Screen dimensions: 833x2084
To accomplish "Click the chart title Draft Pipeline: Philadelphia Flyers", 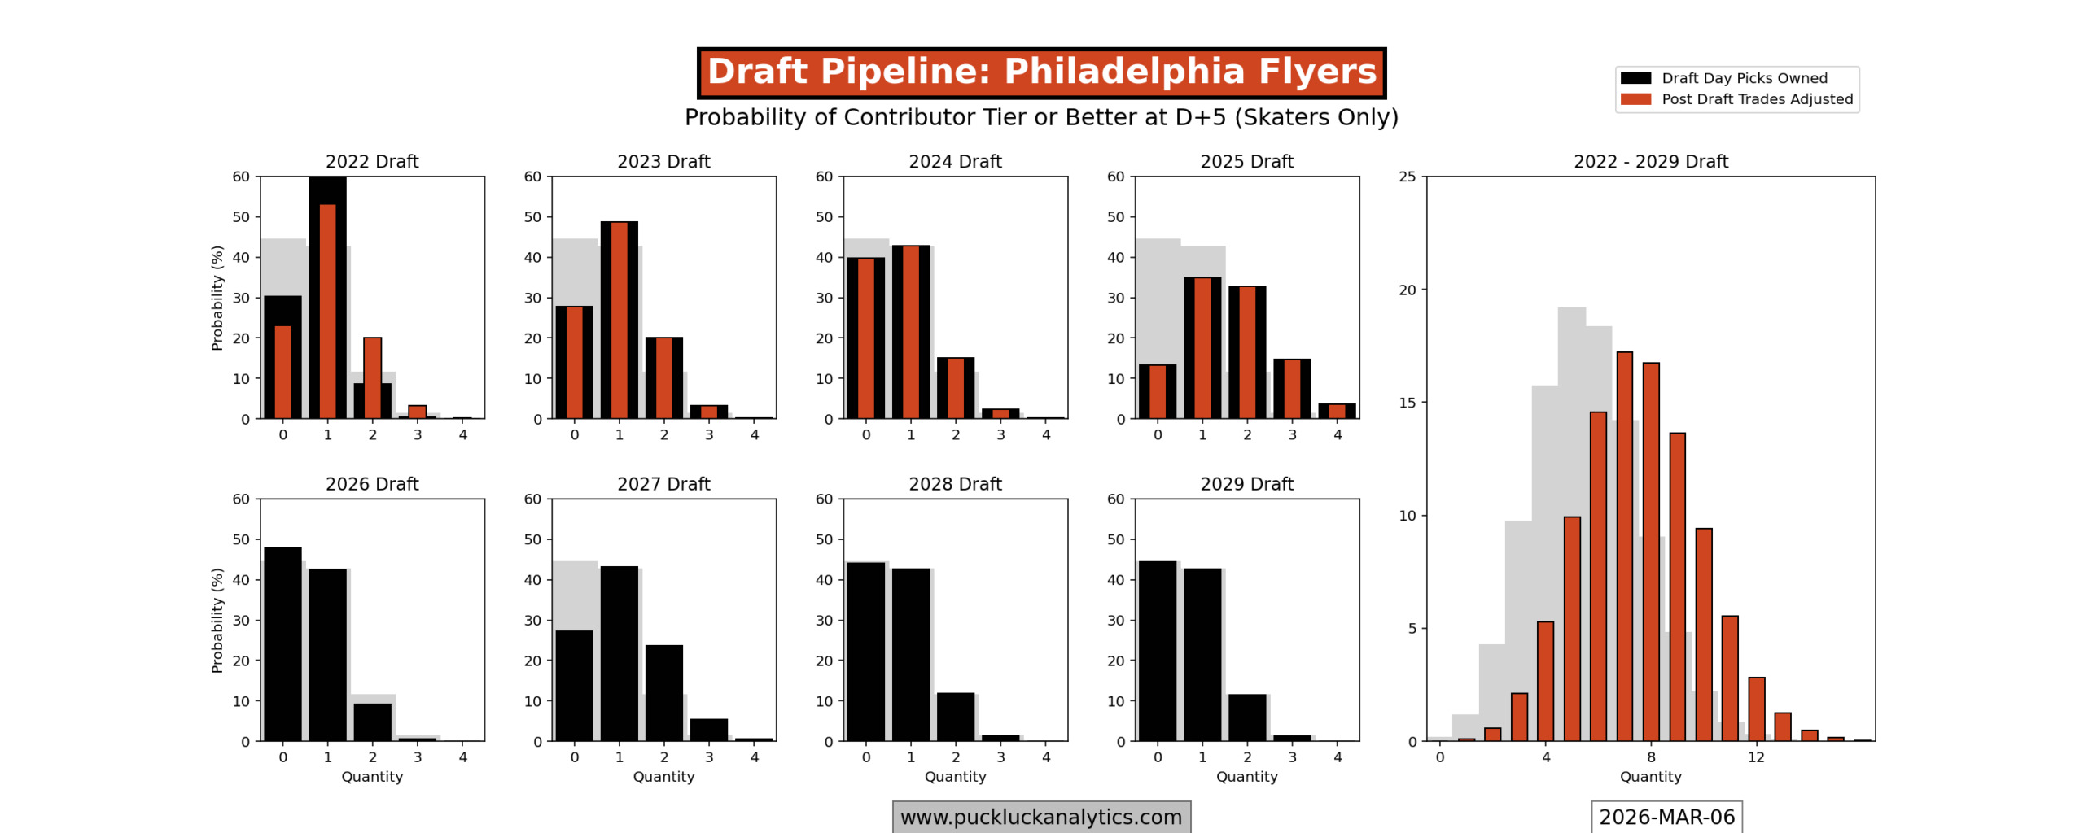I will tap(1041, 72).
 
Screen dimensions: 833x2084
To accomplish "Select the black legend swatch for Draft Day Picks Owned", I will tap(1635, 78).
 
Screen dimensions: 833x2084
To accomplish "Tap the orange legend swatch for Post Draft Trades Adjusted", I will tap(1635, 99).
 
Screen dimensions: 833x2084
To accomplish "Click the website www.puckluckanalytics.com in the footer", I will tap(1041, 817).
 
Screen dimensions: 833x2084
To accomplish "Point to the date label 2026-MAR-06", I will tap(1666, 817).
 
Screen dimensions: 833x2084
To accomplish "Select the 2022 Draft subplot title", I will tap(372, 161).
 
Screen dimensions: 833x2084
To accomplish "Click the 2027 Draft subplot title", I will tap(663, 484).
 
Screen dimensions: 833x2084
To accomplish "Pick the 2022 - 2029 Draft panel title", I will tap(1650, 161).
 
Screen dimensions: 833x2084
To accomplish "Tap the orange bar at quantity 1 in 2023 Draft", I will tap(619, 320).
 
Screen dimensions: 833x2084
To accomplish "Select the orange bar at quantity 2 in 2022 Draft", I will tap(372, 377).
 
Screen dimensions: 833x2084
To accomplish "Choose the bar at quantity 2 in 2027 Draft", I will tap(663, 692).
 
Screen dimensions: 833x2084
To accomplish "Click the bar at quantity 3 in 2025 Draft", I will tap(1292, 389).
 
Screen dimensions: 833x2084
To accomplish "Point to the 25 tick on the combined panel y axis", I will tap(1408, 177).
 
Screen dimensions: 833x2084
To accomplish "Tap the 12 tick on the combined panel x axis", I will tap(1756, 757).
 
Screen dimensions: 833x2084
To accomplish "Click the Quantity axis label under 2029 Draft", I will tap(1246, 777).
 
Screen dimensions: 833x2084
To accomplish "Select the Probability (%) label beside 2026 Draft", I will tap(217, 620).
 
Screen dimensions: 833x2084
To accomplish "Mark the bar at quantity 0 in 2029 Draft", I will tap(1157, 651).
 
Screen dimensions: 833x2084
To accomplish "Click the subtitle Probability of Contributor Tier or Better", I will tap(1041, 117).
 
